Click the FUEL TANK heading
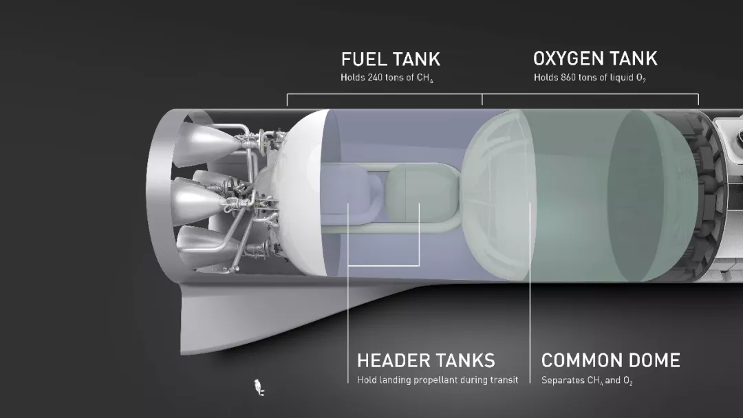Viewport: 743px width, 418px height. coord(390,59)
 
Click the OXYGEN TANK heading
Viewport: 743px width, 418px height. coord(595,58)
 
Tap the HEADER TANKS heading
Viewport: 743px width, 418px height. coord(426,360)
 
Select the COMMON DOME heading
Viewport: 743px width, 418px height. coord(610,360)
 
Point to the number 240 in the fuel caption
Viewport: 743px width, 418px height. coord(376,78)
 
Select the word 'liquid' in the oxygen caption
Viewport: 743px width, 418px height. coord(619,78)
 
